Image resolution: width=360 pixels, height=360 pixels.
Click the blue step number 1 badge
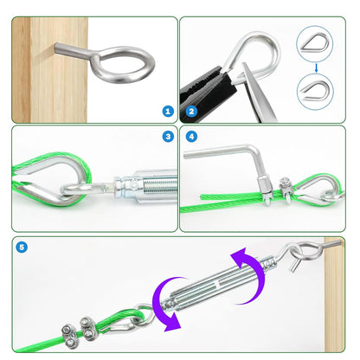coord(168,111)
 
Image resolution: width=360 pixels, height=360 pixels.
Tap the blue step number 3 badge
coord(168,136)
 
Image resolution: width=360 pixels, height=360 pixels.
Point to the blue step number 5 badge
coord(22,247)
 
